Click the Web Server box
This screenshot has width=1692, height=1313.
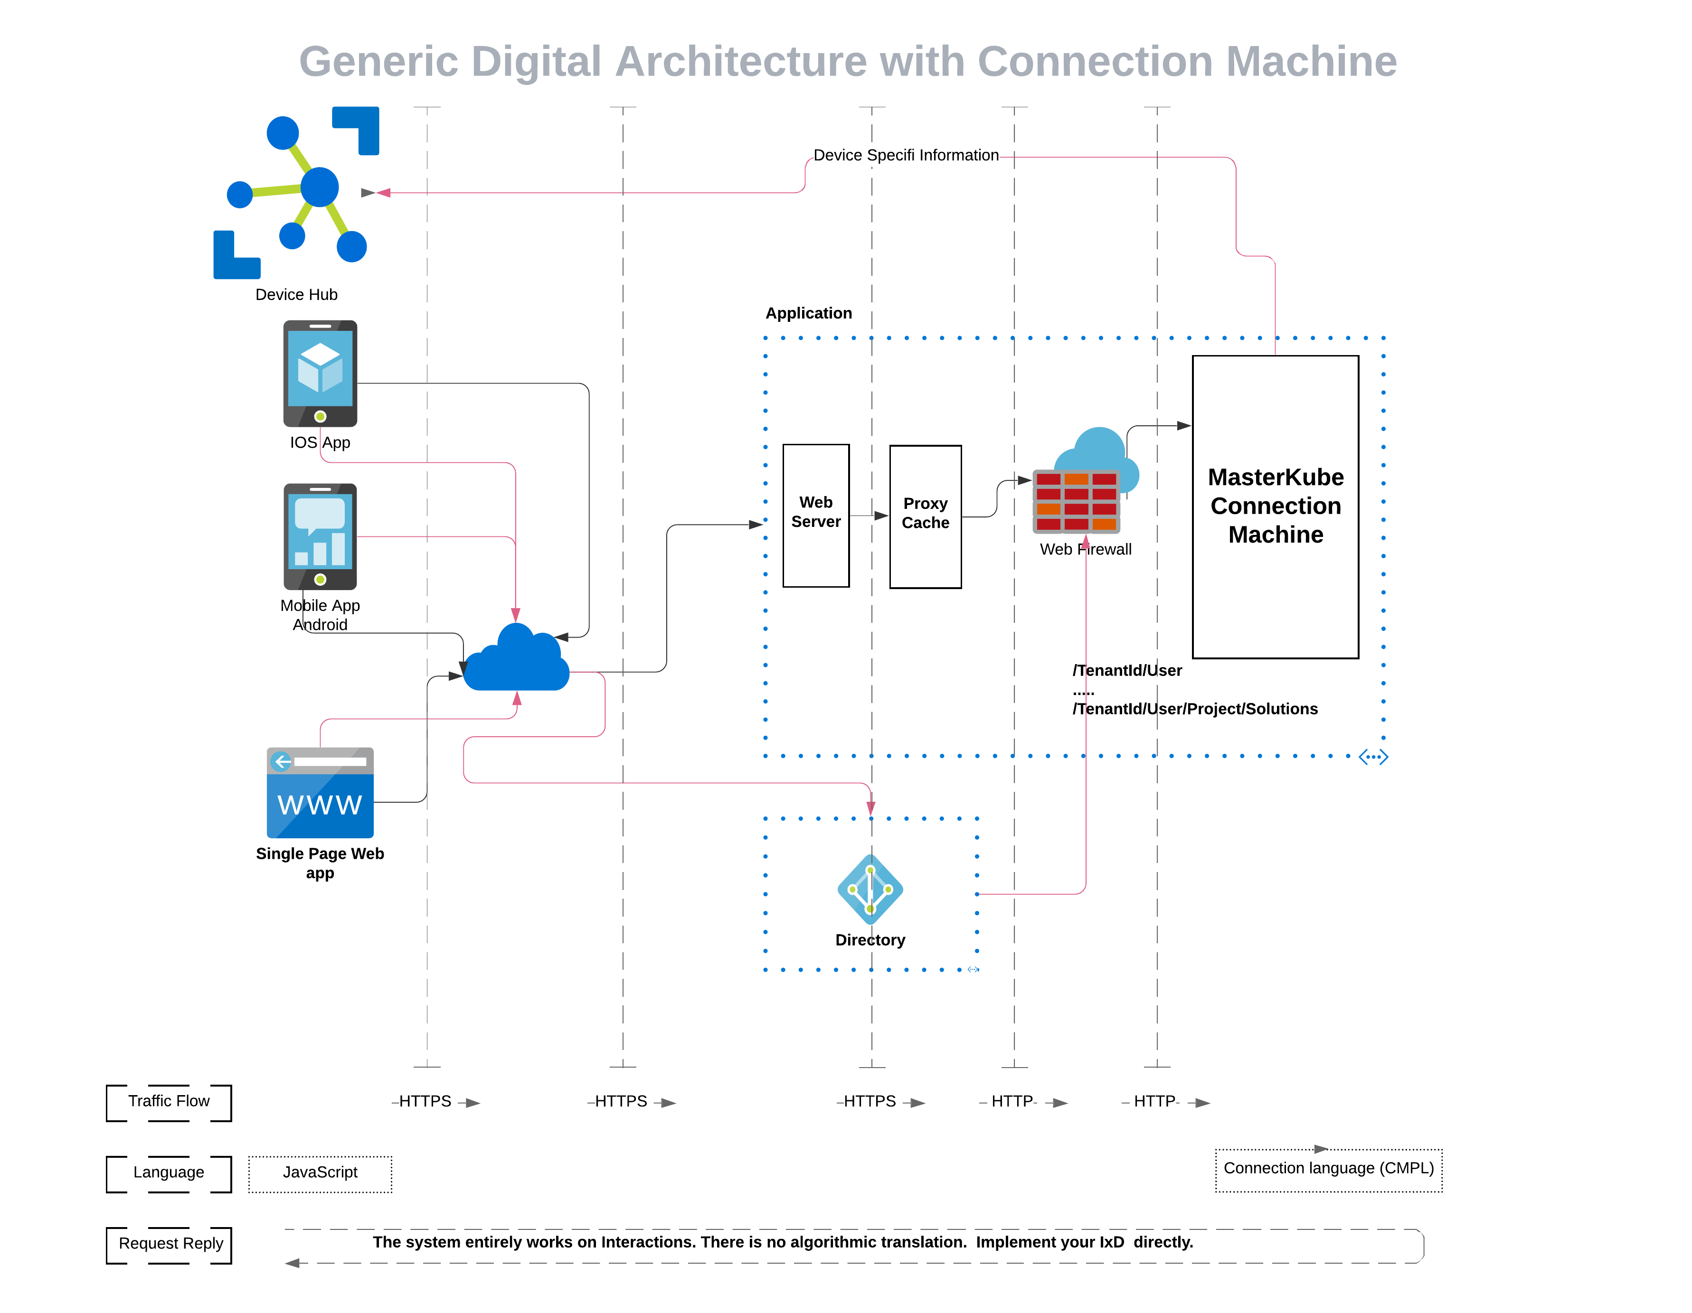(816, 515)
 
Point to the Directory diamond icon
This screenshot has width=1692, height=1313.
(870, 889)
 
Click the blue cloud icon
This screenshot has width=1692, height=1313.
(517, 660)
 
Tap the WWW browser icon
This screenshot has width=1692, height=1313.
(320, 792)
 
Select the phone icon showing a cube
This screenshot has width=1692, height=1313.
(320, 374)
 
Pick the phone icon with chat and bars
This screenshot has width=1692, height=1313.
(320, 536)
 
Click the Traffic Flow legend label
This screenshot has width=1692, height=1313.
(169, 1102)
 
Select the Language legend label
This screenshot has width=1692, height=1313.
(169, 1173)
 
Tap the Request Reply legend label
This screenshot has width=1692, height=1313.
(170, 1244)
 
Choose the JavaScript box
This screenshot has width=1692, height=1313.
(320, 1173)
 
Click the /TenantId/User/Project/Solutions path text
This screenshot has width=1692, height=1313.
(1195, 709)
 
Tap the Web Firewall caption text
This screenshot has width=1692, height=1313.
(1086, 549)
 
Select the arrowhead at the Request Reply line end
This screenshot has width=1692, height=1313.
(292, 1264)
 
